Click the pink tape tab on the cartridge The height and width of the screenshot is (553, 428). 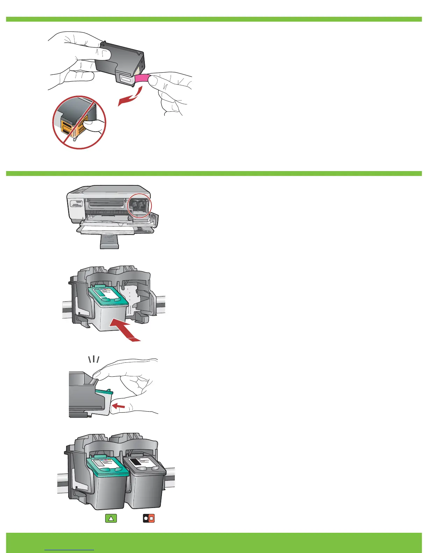(142, 79)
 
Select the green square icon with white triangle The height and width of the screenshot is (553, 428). (111, 518)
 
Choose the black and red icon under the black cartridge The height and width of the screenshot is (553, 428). (149, 518)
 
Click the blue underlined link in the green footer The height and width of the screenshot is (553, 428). (70, 548)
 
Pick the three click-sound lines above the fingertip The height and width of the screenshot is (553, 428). (94, 359)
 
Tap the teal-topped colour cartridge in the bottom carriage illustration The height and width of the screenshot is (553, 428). (107, 482)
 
